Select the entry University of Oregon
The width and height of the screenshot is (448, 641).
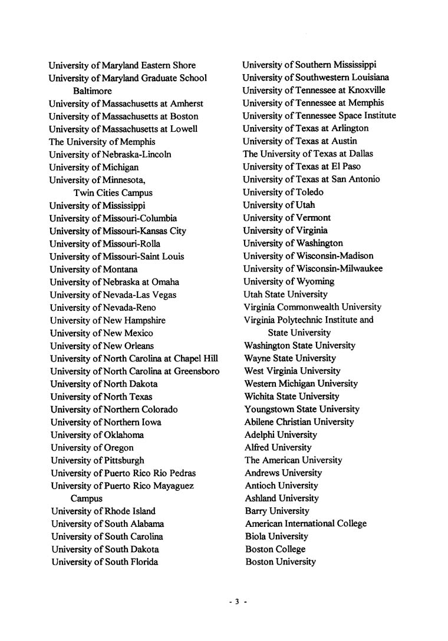coord(92,447)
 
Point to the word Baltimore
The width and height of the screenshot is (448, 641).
coord(92,91)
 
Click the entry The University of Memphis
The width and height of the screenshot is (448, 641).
coord(102,142)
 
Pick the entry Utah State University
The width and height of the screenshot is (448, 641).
coord(286,294)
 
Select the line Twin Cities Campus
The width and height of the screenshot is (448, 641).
coord(113,192)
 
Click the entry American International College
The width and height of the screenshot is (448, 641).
coord(305,524)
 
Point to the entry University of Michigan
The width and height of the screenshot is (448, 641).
coord(94,167)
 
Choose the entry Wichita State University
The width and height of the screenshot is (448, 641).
coord(292,397)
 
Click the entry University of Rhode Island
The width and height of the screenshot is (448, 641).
coord(103,511)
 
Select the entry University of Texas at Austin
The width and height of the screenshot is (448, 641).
coord(300,141)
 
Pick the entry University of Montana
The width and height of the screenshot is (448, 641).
coord(94,269)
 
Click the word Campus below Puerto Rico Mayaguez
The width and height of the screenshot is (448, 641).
coord(87,499)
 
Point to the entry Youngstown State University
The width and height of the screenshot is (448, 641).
coord(302,409)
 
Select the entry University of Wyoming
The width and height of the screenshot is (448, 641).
coord(289,281)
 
